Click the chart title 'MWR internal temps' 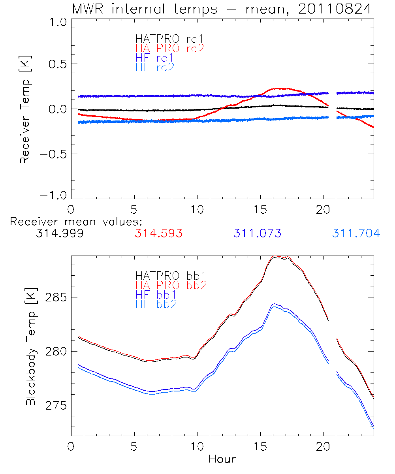[x=145, y=9]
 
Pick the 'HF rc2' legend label [x=155, y=68]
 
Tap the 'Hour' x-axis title [x=222, y=459]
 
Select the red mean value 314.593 [x=158, y=233]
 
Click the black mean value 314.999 [x=60, y=233]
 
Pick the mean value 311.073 [x=257, y=233]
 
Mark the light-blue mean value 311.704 [x=356, y=233]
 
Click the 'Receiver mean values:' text [x=76, y=222]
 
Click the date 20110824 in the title [x=335, y=9]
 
